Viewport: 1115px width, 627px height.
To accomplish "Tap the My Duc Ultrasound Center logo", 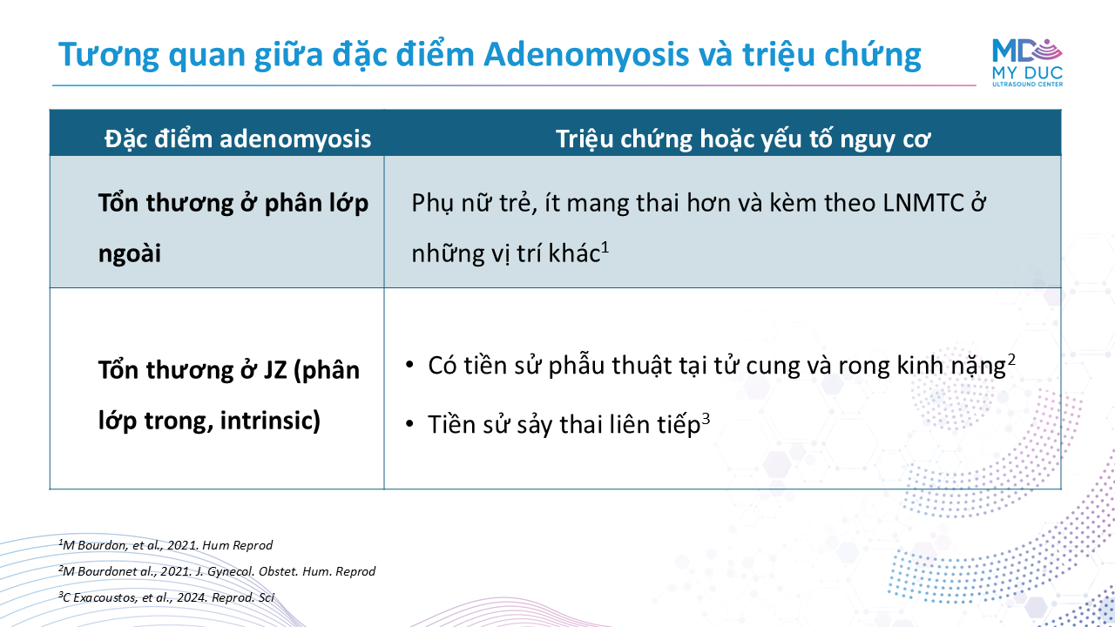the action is tap(1027, 63).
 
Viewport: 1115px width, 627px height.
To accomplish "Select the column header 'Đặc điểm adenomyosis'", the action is tap(238, 138).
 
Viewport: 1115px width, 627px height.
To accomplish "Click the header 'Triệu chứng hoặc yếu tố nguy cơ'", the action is tap(743, 138).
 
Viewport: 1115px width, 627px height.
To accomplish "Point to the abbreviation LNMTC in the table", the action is tap(922, 203).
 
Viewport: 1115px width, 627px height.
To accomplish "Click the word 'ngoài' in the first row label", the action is tap(130, 253).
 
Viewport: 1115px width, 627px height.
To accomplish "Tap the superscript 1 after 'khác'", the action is tap(605, 246).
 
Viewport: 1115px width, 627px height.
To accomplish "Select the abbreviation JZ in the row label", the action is tap(274, 370).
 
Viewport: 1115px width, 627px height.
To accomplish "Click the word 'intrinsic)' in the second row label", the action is tap(270, 421).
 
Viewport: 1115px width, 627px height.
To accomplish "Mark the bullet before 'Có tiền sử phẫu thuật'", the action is tap(409, 365).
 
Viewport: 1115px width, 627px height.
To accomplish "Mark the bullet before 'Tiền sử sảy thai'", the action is tap(409, 424).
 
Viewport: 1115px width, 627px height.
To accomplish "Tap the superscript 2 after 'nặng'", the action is tap(1011, 360).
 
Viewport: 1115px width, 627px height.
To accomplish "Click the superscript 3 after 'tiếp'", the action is tap(706, 419).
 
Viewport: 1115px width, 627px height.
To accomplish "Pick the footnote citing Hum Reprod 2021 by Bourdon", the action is tap(166, 545).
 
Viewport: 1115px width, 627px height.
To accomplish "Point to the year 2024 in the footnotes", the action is tap(191, 597).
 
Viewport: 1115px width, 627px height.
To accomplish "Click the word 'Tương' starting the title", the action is tap(109, 56).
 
